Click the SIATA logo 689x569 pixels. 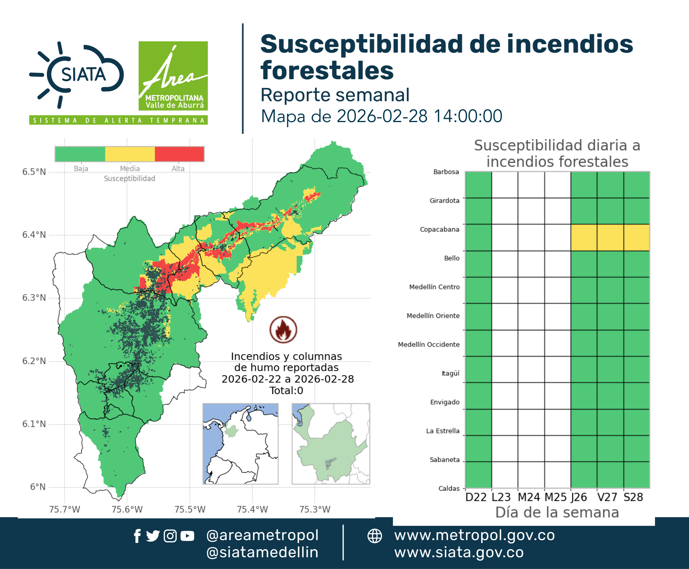pyautogui.click(x=77, y=75)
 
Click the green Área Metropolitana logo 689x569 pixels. pyautogui.click(x=173, y=76)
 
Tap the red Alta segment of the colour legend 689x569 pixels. pyautogui.click(x=179, y=154)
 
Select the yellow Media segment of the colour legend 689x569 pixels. pyautogui.click(x=130, y=154)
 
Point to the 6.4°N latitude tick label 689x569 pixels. pyautogui.click(x=34, y=235)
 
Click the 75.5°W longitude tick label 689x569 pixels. pyautogui.click(x=190, y=509)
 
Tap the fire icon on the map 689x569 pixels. pyautogui.click(x=283, y=329)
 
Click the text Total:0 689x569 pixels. pyautogui.click(x=286, y=390)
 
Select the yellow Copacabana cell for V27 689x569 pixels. pyautogui.click(x=610, y=237)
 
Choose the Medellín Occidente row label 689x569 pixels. pyautogui.click(x=429, y=344)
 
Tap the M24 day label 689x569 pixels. pyautogui.click(x=529, y=497)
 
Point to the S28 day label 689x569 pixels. pyautogui.click(x=633, y=497)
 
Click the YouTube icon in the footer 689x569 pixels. pyautogui.click(x=187, y=536)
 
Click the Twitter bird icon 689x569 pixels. pyautogui.click(x=153, y=536)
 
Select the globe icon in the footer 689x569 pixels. pyautogui.click(x=374, y=536)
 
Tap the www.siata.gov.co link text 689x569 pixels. pyautogui.click(x=459, y=552)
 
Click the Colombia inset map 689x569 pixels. pyautogui.click(x=240, y=444)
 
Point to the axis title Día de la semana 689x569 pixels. pyautogui.click(x=557, y=512)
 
